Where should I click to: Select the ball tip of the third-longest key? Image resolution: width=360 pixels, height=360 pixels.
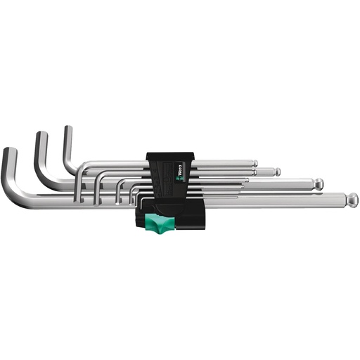[278, 171]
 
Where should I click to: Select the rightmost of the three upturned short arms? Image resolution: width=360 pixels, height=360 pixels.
[70, 137]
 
